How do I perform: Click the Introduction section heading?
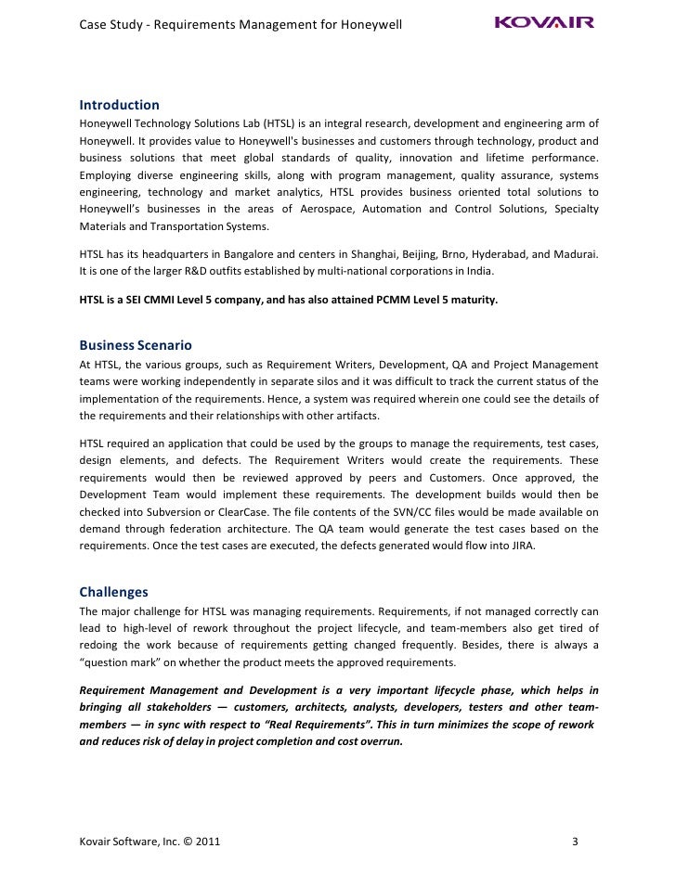119,105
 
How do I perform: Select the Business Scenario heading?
135,344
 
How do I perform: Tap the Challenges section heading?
113,591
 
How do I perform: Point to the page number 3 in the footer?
576,842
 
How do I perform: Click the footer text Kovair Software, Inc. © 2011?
150,842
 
